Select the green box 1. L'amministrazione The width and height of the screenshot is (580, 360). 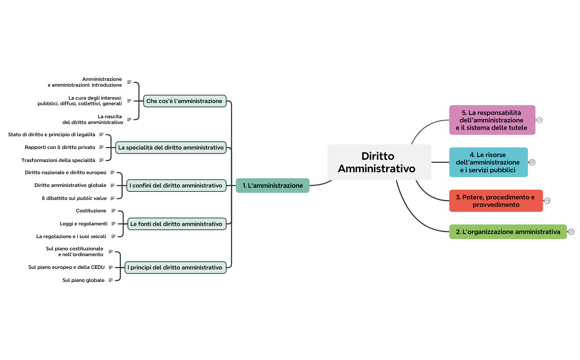click(x=272, y=186)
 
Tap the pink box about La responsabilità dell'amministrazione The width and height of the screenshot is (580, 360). click(x=492, y=120)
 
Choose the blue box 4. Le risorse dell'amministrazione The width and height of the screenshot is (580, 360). click(x=488, y=162)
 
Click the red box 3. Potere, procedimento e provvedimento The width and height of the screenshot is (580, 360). click(x=496, y=201)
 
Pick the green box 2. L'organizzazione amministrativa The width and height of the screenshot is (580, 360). click(x=508, y=232)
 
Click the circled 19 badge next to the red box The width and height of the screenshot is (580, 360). click(x=547, y=201)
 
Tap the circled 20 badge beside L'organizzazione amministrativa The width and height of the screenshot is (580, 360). click(x=571, y=232)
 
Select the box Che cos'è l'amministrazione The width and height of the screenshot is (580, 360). click(x=184, y=101)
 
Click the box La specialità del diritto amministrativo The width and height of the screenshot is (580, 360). click(x=171, y=148)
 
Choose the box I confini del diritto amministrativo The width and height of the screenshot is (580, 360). click(x=176, y=186)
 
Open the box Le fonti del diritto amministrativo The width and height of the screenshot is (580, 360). click(x=177, y=224)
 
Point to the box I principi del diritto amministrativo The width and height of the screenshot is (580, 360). click(x=175, y=268)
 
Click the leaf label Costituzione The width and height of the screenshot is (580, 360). click(x=91, y=211)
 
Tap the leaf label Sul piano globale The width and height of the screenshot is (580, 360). click(x=83, y=280)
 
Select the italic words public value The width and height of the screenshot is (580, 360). click(x=92, y=198)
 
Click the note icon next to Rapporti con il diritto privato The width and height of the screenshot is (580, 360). click(x=101, y=147)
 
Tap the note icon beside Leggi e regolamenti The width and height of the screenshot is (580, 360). click(x=113, y=224)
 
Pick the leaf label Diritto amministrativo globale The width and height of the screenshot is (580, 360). click(x=70, y=185)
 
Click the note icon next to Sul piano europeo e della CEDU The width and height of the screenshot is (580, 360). click(x=111, y=267)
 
